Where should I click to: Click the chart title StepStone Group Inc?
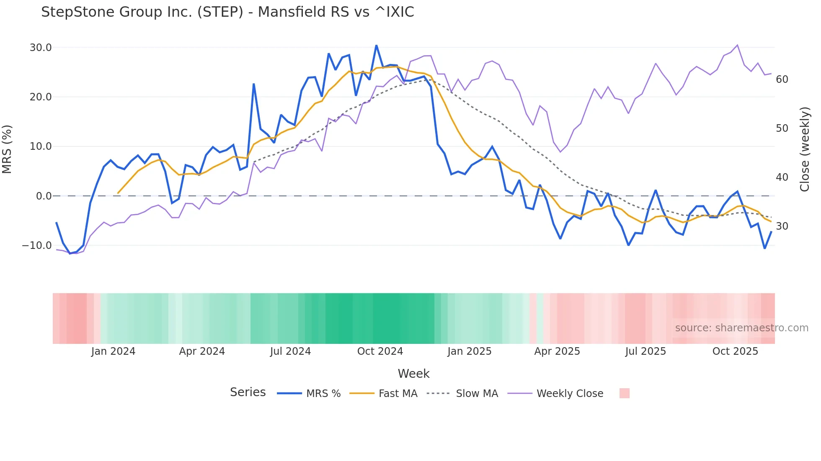coord(227,12)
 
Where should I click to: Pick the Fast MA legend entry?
coord(383,394)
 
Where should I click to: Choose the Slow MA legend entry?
coord(462,394)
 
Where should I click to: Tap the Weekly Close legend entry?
coord(555,394)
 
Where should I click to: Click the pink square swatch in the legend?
coord(624,393)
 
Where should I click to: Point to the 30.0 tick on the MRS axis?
coord(41,48)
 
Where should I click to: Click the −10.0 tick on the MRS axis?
coord(37,246)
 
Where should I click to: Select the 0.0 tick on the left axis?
coord(44,196)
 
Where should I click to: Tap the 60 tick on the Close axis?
coord(782,79)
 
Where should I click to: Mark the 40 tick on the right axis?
coord(782,177)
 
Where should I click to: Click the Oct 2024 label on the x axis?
coord(380,351)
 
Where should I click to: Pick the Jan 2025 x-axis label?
coord(469,351)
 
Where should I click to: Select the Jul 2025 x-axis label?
coord(645,351)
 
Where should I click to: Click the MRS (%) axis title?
coord(7,149)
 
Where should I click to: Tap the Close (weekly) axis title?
coord(805,149)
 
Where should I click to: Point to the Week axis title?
coord(413,374)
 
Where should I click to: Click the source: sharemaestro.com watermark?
coord(741,328)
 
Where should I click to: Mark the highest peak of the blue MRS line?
coord(376,45)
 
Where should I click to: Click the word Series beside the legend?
coord(248,392)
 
